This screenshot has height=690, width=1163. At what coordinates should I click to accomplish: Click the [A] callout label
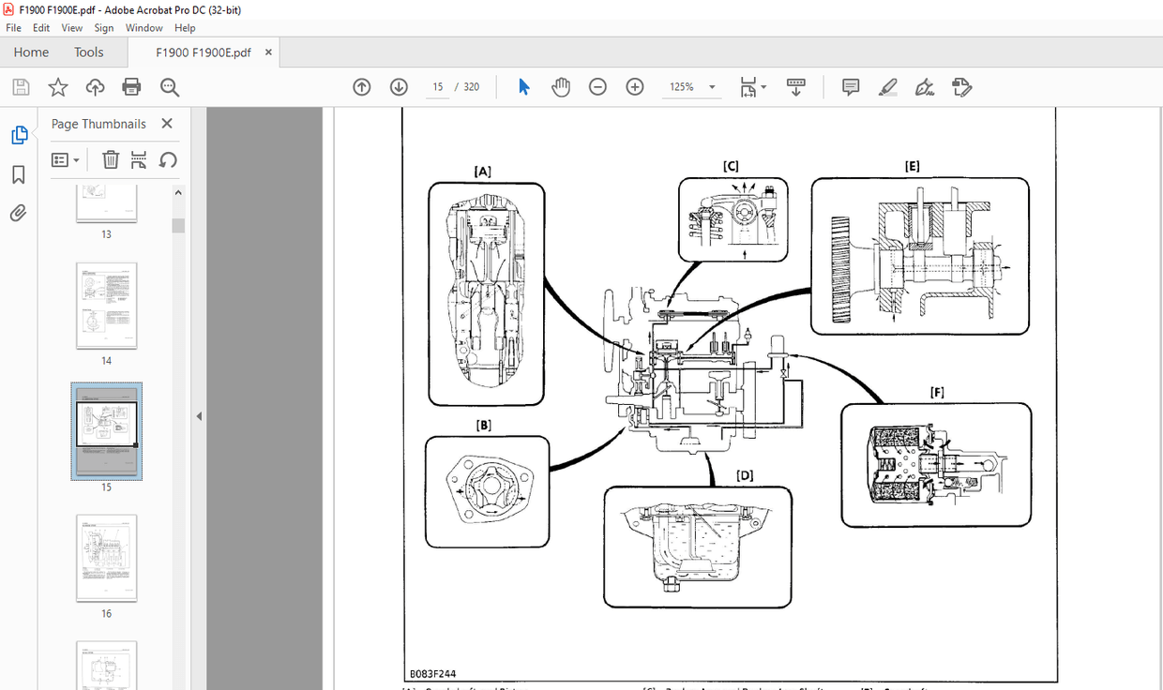click(483, 172)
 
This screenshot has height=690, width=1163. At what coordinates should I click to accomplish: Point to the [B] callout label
click(484, 425)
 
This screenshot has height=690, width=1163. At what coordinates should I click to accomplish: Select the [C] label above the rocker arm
click(731, 166)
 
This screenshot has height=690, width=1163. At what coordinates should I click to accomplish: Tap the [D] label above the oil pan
click(745, 475)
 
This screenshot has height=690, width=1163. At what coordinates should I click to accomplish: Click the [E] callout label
click(912, 166)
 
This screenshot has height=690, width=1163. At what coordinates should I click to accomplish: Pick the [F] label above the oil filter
click(936, 392)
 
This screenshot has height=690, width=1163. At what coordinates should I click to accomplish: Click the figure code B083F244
click(433, 673)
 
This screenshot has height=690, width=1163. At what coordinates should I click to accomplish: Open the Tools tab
click(89, 52)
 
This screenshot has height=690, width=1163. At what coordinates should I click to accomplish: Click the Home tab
click(31, 52)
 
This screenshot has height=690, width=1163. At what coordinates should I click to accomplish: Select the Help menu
click(185, 28)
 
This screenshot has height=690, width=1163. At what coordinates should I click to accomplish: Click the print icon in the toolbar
click(131, 87)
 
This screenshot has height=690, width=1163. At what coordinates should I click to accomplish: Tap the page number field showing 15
click(437, 87)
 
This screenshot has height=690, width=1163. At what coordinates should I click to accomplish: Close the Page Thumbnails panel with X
click(167, 124)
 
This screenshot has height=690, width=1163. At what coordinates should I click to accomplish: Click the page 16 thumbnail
click(106, 558)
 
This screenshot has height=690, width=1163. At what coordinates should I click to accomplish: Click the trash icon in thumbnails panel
click(110, 159)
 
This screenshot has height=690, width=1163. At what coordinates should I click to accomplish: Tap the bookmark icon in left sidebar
click(18, 175)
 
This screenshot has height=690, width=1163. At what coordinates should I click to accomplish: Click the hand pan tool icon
click(561, 87)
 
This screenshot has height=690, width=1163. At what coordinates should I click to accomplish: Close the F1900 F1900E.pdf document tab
click(268, 52)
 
